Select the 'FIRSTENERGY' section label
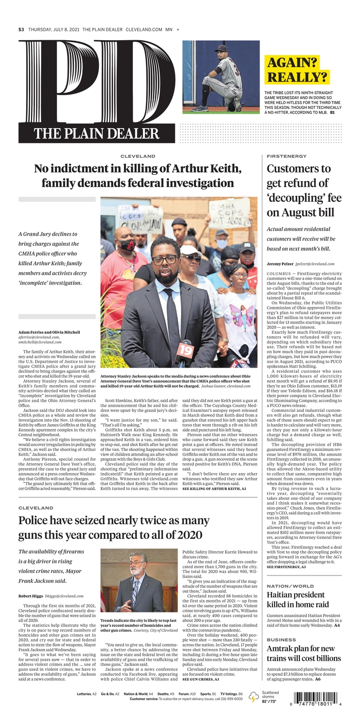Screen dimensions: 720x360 (x=286, y=156)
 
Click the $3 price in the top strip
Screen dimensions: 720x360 (x=21, y=30)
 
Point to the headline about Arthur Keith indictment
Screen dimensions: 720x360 (x=138, y=176)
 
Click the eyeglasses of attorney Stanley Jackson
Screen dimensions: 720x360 (x=165, y=259)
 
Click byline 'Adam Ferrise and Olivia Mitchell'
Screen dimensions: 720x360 (x=49, y=332)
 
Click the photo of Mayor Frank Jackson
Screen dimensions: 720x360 (x=138, y=580)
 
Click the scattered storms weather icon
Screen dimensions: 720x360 (x=254, y=697)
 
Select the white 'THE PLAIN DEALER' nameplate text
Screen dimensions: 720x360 (x=96, y=134)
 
